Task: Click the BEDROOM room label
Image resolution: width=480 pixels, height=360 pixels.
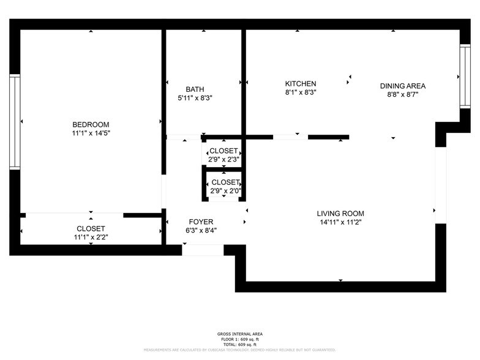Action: click(91, 124)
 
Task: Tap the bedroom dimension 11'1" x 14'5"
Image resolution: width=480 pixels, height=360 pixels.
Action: click(91, 133)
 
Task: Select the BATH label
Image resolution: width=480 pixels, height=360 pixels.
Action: click(195, 89)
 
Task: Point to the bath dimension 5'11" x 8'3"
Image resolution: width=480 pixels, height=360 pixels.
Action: click(195, 97)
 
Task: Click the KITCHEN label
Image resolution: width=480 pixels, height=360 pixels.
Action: click(300, 84)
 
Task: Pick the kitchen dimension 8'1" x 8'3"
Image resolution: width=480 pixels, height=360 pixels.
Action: click(300, 92)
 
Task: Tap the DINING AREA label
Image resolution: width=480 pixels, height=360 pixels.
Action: click(402, 86)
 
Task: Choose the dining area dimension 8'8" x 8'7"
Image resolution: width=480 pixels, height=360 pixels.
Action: click(402, 95)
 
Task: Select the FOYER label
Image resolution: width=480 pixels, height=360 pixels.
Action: click(201, 222)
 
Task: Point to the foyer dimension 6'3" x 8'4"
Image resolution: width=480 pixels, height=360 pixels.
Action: click(201, 231)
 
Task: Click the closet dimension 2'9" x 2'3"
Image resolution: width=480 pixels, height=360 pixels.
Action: click(224, 159)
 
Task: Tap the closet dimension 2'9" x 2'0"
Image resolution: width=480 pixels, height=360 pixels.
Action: click(225, 190)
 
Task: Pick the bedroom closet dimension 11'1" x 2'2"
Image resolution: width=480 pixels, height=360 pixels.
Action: click(91, 236)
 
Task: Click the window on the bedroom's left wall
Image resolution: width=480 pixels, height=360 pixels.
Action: click(15, 121)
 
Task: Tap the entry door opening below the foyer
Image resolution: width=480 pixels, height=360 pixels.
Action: click(203, 250)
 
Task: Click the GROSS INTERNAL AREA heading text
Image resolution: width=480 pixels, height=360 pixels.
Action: click(239, 334)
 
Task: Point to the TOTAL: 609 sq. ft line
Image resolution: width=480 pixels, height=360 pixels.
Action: click(239, 344)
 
